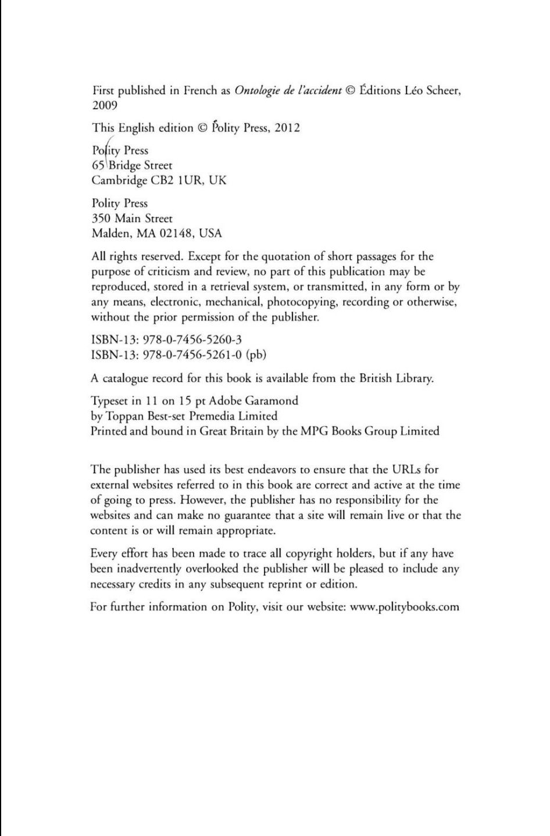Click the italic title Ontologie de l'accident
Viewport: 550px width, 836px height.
[x=287, y=91]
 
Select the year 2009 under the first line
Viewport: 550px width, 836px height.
[x=105, y=106]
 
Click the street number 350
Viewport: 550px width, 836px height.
[x=101, y=219]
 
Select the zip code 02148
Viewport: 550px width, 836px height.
[x=176, y=234]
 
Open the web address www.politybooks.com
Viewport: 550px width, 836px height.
[x=405, y=607]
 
